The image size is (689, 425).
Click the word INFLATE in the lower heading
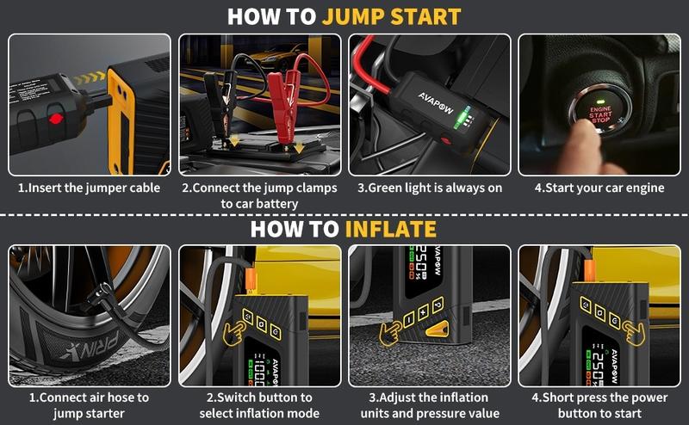[x=391, y=229]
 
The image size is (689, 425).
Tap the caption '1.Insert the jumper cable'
[x=89, y=187]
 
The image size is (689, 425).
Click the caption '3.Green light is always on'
[x=429, y=187]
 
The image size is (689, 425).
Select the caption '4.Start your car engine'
[x=600, y=187]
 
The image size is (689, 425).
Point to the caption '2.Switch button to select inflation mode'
[x=259, y=405]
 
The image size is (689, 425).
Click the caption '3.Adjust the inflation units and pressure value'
[x=429, y=405]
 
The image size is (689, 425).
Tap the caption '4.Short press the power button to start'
[x=600, y=405]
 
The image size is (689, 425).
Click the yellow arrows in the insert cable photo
[x=87, y=79]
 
